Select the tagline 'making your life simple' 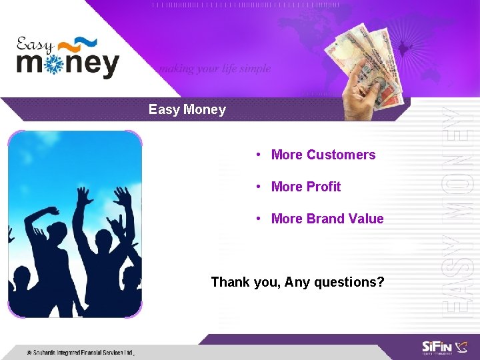[x=214, y=69]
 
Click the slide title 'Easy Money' [x=187, y=109]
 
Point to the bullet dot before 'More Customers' [x=257, y=155]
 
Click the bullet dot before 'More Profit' [x=257, y=187]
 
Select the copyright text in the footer [x=80, y=352]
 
